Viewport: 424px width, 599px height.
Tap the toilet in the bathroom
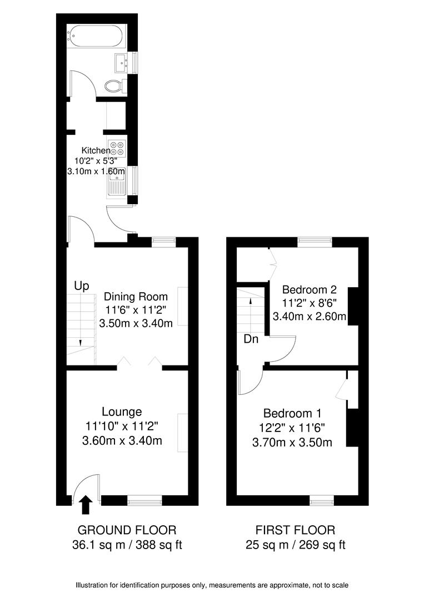(x=115, y=86)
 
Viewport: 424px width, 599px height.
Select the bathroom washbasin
(x=121, y=62)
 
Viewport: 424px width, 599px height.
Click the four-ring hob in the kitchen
(x=117, y=148)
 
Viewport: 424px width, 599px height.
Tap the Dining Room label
(x=136, y=297)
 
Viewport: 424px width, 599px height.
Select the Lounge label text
(x=122, y=412)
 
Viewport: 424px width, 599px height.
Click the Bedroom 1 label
(x=292, y=413)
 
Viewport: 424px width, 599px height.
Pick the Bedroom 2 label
(x=310, y=290)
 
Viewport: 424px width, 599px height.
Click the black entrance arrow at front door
(x=86, y=505)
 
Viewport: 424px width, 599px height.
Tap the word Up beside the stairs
(x=82, y=286)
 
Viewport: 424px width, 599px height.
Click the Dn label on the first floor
(x=251, y=339)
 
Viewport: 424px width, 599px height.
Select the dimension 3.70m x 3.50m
(x=292, y=442)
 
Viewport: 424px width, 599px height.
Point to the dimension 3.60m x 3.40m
(x=122, y=441)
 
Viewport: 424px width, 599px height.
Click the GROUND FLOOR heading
(x=127, y=530)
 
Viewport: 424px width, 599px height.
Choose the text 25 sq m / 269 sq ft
(x=295, y=545)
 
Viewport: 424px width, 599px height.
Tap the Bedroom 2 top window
(x=315, y=241)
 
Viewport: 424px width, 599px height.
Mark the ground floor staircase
(x=81, y=329)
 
